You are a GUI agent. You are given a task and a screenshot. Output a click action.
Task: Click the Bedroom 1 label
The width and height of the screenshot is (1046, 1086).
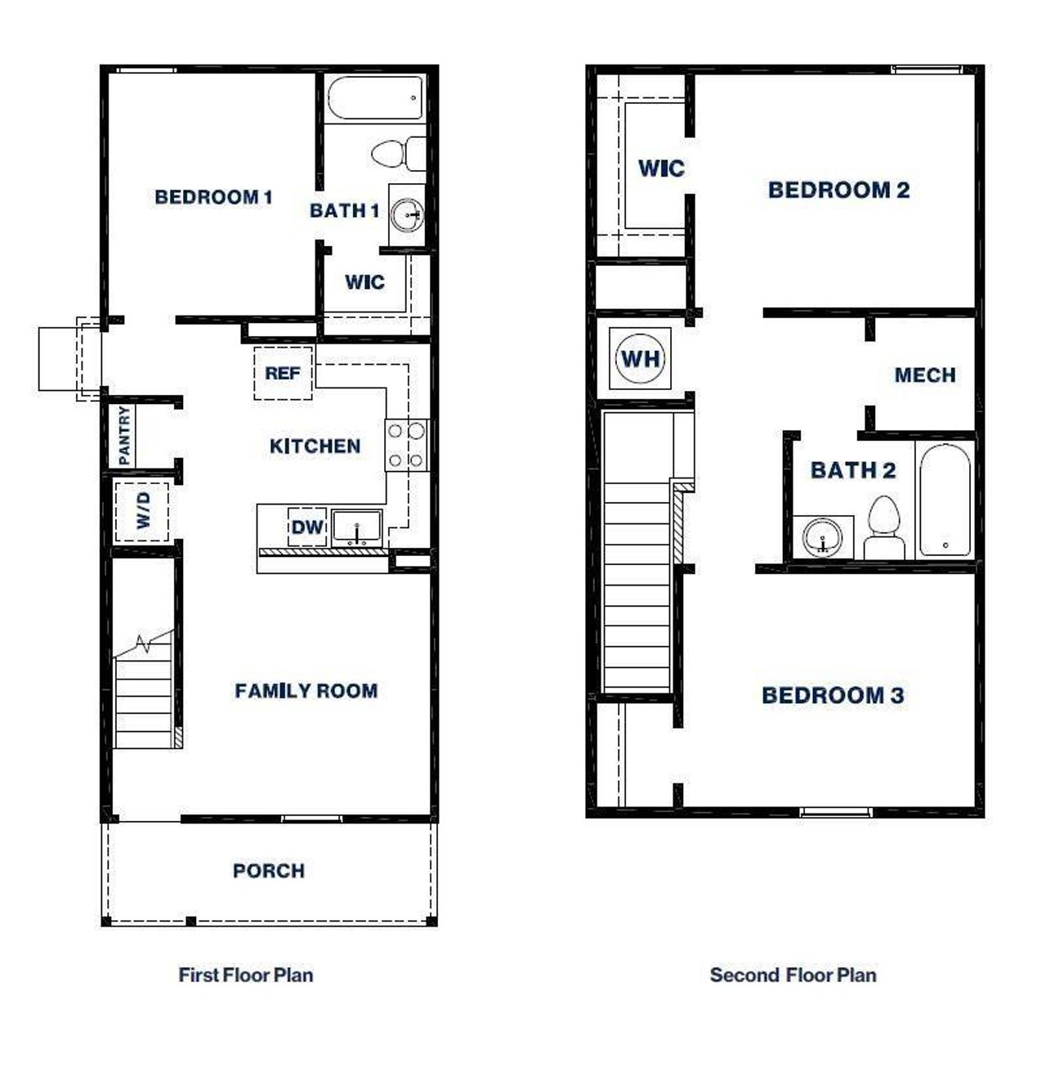click(x=213, y=197)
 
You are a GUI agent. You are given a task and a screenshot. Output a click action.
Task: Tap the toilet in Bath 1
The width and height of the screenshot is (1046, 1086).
click(x=397, y=153)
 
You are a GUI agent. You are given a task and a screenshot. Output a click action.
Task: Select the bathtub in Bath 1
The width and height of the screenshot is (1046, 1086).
click(x=376, y=98)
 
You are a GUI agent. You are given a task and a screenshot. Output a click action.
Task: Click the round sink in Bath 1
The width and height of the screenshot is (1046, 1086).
click(x=407, y=216)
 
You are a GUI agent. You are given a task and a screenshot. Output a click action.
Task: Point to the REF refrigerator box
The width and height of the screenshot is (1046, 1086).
click(x=283, y=373)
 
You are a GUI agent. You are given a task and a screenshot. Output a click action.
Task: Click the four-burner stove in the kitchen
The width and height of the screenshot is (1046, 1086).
click(x=406, y=445)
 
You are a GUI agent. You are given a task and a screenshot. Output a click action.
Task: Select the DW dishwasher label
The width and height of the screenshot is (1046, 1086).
click(x=307, y=527)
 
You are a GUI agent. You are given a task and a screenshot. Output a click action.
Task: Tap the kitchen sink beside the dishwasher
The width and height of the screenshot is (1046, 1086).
click(x=357, y=527)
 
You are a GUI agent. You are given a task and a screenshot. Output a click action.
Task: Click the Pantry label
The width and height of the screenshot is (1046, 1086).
click(x=124, y=435)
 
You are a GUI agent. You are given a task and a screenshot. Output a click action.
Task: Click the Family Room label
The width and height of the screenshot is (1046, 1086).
click(x=306, y=691)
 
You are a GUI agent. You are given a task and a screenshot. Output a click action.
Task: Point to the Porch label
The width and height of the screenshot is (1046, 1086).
click(x=269, y=871)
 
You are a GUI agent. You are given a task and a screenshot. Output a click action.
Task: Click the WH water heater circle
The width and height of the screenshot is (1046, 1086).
click(x=641, y=358)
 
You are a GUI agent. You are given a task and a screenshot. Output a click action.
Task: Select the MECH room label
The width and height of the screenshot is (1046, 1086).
click(x=925, y=375)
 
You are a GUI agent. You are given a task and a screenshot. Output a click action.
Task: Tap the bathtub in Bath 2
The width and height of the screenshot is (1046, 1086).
click(x=945, y=500)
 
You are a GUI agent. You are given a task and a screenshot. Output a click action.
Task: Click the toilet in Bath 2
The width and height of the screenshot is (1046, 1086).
click(x=883, y=528)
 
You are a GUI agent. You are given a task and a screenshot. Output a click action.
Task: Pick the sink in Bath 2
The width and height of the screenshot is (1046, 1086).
click(x=822, y=538)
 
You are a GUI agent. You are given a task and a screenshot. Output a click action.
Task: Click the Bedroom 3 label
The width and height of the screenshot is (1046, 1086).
click(x=833, y=696)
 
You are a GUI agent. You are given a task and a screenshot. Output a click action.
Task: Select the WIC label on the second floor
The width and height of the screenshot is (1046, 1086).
click(x=661, y=168)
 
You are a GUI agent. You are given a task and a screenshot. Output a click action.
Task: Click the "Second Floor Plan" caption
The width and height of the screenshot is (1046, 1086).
click(x=793, y=975)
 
